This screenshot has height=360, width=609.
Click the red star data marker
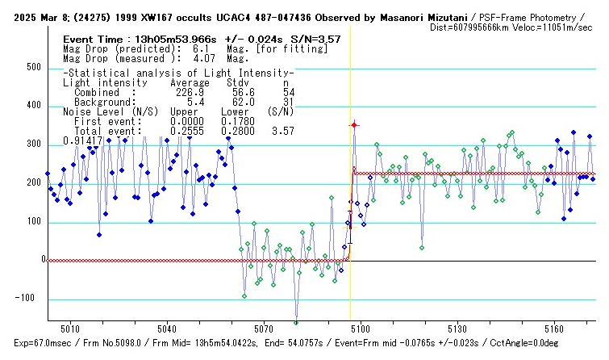coord(353,125)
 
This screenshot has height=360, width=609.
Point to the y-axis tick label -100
coord(30,299)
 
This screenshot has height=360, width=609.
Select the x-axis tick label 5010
coord(70,330)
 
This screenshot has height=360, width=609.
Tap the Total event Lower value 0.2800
coord(236,130)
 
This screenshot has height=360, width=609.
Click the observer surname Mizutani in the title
coord(443,16)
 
